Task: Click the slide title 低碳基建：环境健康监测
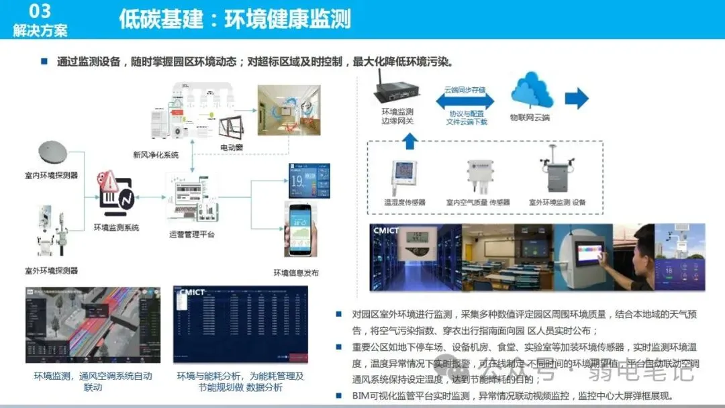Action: pyautogui.click(x=235, y=19)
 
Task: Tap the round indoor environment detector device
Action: pyautogui.click(x=56, y=152)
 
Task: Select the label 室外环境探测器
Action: pyautogui.click(x=51, y=270)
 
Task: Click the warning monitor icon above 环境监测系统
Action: pyautogui.click(x=114, y=192)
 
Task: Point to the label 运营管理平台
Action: pyautogui.click(x=192, y=234)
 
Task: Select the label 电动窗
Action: pyautogui.click(x=232, y=146)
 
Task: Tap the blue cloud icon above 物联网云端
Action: pyautogui.click(x=531, y=93)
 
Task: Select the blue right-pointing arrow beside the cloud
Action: pyautogui.click(x=576, y=99)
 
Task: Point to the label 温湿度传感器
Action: pyautogui.click(x=405, y=202)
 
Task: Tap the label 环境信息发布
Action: pyautogui.click(x=296, y=273)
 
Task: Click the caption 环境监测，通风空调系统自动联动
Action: pyautogui.click(x=93, y=382)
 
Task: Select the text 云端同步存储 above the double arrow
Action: pyautogui.click(x=465, y=89)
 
